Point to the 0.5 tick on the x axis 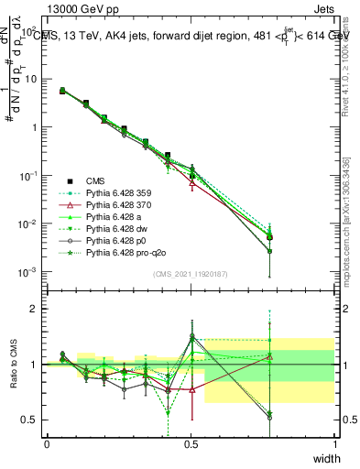[191, 443]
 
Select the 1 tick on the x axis [335, 443]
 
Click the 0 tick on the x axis [47, 443]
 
